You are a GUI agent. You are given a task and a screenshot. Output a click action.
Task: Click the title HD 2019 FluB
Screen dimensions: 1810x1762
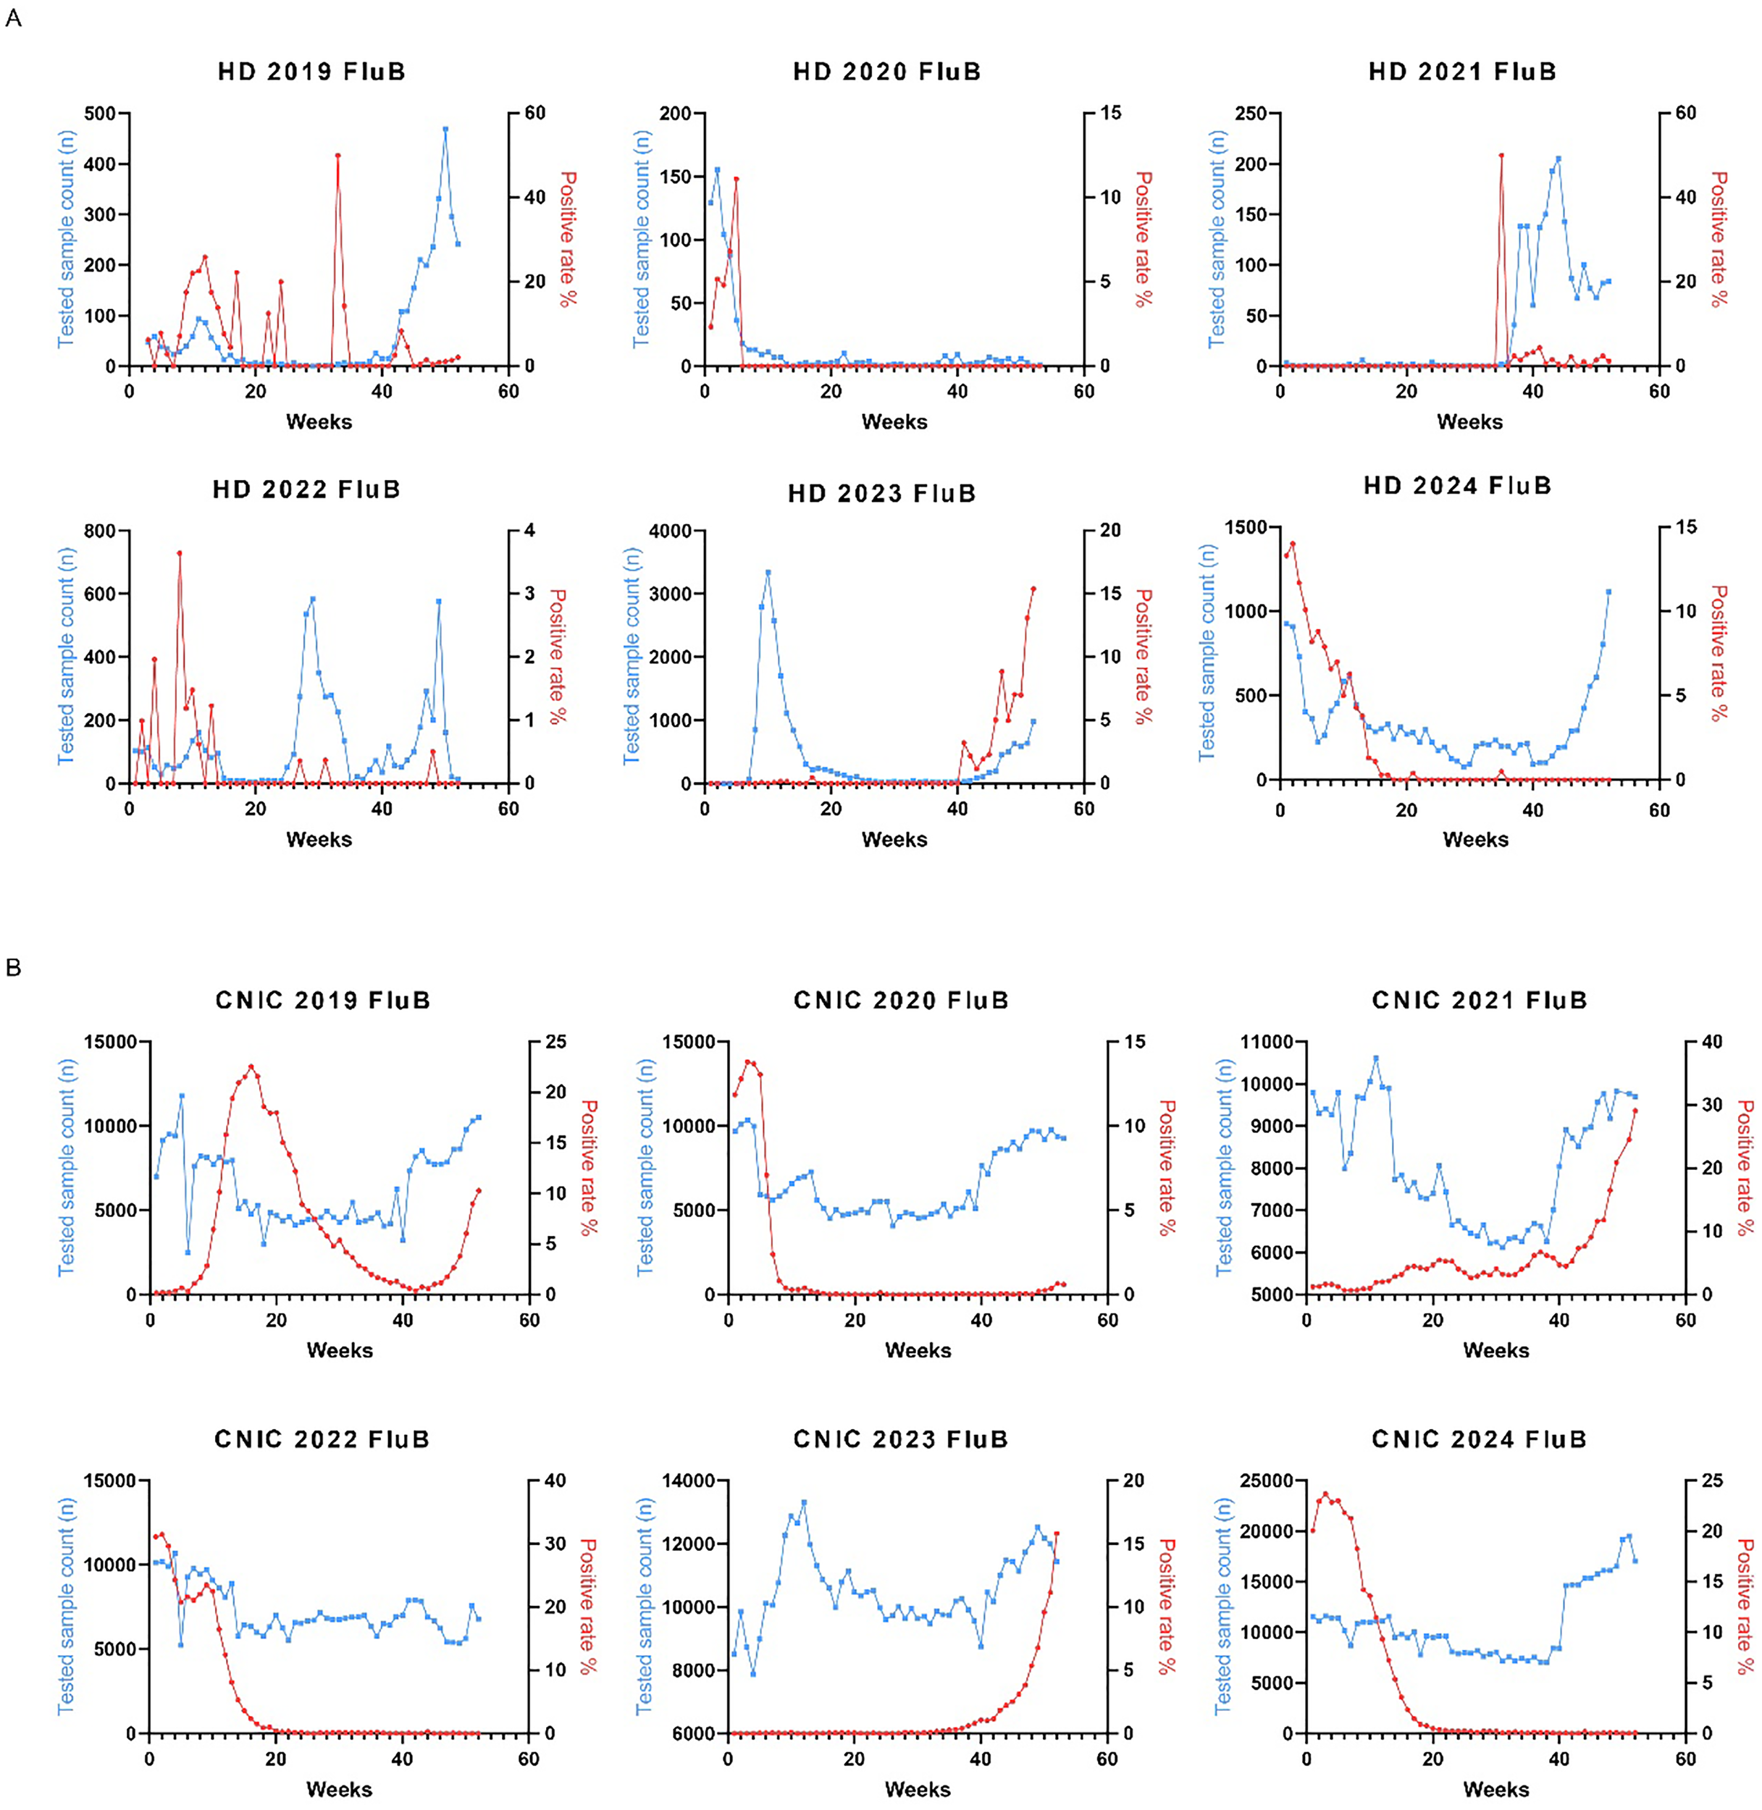pyautogui.click(x=312, y=72)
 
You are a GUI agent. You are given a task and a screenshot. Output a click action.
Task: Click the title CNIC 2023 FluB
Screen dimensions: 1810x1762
pyautogui.click(x=900, y=1439)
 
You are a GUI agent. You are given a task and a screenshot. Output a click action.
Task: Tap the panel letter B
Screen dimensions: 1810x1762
pyautogui.click(x=13, y=968)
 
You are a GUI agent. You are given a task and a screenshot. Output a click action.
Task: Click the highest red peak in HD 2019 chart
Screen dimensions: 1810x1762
pyautogui.click(x=337, y=156)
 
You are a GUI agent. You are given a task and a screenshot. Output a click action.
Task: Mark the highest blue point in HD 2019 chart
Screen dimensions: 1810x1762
pyautogui.click(x=445, y=130)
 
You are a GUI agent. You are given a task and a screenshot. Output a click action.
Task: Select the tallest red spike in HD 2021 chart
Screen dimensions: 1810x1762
pyautogui.click(x=1501, y=156)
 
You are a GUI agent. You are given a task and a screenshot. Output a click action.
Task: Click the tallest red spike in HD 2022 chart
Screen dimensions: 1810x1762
pyautogui.click(x=180, y=553)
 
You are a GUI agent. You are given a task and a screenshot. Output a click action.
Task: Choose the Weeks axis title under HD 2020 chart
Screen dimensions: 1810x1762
pyautogui.click(x=894, y=422)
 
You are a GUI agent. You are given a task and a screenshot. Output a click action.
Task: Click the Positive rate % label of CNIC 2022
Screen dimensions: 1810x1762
pyautogui.click(x=587, y=1607)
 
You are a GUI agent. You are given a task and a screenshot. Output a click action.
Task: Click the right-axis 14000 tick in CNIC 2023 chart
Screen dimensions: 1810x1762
pyautogui.click(x=689, y=1481)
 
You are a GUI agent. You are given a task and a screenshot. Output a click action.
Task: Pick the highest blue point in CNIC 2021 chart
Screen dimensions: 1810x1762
pyautogui.click(x=1376, y=1058)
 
